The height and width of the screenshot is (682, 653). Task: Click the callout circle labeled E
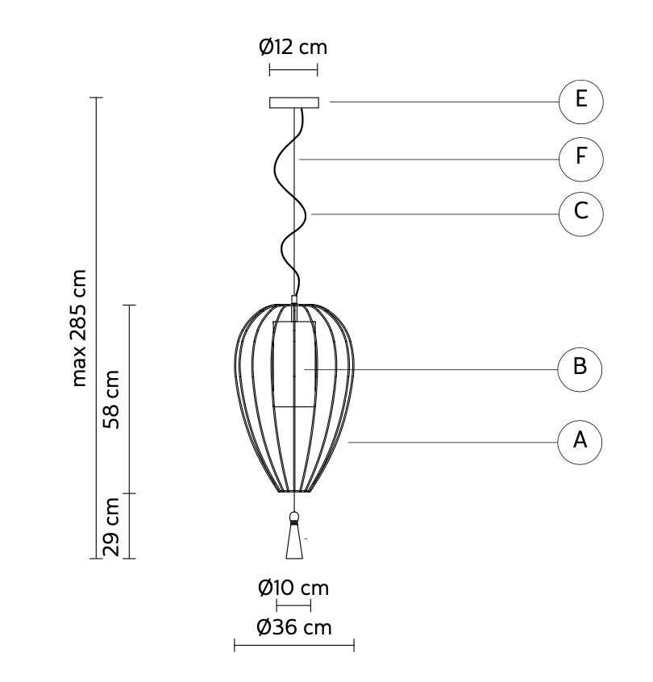click(580, 102)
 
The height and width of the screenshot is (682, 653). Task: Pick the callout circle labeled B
click(580, 368)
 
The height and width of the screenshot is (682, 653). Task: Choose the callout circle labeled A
click(580, 442)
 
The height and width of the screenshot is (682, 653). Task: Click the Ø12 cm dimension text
click(293, 47)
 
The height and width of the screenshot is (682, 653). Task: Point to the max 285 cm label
click(80, 327)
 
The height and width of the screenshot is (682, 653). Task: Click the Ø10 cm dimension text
click(293, 588)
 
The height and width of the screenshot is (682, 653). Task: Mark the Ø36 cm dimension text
click(294, 626)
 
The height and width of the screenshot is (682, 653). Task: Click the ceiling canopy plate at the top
click(295, 103)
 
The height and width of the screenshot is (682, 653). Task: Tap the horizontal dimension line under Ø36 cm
click(294, 644)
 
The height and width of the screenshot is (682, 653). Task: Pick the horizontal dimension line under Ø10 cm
click(293, 605)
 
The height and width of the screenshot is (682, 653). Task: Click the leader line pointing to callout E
click(443, 102)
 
